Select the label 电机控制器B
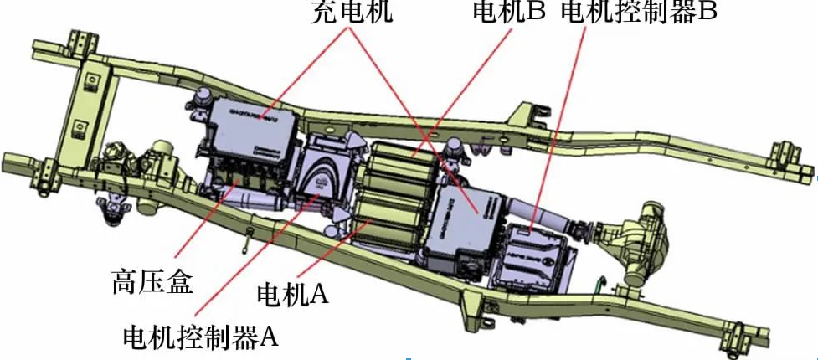(639, 12)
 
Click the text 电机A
(293, 294)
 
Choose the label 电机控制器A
(199, 337)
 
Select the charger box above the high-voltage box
(251, 126)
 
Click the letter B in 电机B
(536, 12)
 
